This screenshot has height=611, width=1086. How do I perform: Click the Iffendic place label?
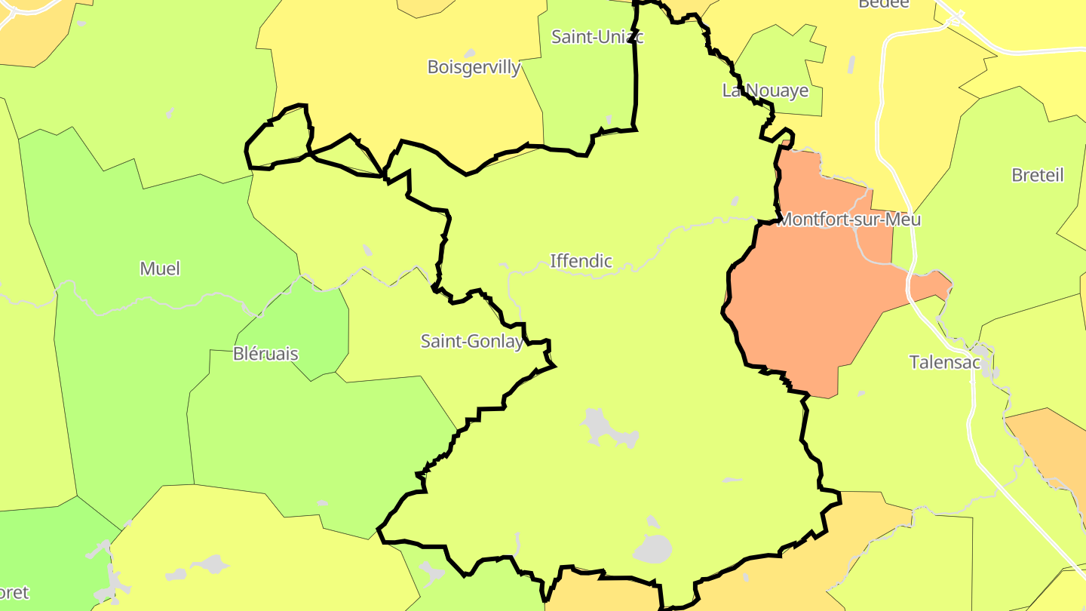click(581, 261)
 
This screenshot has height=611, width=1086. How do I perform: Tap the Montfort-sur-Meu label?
click(848, 220)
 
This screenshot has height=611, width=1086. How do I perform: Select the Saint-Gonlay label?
click(472, 342)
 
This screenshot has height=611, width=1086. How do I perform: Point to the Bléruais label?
click(265, 354)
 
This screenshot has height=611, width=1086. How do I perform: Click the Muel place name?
click(160, 269)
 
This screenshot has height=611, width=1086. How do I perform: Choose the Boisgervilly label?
click(474, 67)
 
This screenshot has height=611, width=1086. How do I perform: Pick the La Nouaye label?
click(765, 91)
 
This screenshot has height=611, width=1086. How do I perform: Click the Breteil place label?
click(1037, 175)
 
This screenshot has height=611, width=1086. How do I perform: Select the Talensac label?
click(944, 362)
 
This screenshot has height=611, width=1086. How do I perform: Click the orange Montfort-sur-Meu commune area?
click(807, 302)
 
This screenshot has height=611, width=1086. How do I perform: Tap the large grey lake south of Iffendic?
click(608, 428)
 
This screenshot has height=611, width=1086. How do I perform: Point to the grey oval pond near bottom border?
click(652, 549)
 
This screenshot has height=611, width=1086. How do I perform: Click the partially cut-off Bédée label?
click(884, 4)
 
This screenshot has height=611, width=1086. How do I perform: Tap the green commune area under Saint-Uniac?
click(588, 98)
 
